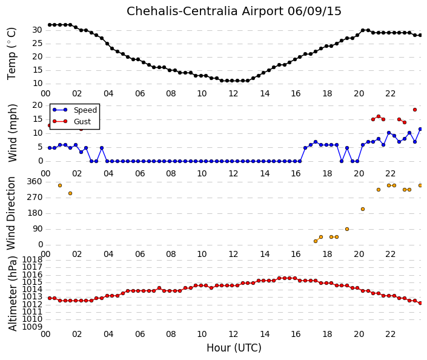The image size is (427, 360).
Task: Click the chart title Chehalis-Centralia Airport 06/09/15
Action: (234, 12)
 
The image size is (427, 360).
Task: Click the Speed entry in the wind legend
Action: (85, 110)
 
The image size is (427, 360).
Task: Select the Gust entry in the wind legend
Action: (82, 122)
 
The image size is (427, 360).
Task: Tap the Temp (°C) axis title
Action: (12, 54)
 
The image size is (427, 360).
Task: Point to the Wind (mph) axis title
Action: (13, 133)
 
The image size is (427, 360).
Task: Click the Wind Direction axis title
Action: (11, 213)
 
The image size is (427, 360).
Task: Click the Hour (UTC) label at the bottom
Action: (234, 348)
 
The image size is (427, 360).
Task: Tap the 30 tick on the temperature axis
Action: (38, 30)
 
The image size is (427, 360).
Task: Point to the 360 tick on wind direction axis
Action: (35, 182)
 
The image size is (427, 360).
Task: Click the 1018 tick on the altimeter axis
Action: (32, 259)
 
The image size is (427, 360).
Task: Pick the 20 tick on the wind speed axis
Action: (38, 105)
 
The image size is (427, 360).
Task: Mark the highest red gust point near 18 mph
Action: (415, 110)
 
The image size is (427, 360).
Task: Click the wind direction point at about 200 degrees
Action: (363, 209)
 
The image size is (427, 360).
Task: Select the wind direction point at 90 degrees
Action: (347, 229)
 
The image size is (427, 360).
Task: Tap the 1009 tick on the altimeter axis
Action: (32, 327)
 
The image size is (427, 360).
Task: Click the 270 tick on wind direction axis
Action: (35, 198)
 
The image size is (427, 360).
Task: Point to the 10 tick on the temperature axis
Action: (38, 84)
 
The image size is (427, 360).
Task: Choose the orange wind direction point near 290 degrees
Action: (70, 193)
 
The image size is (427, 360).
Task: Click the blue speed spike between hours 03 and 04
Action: (102, 148)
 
